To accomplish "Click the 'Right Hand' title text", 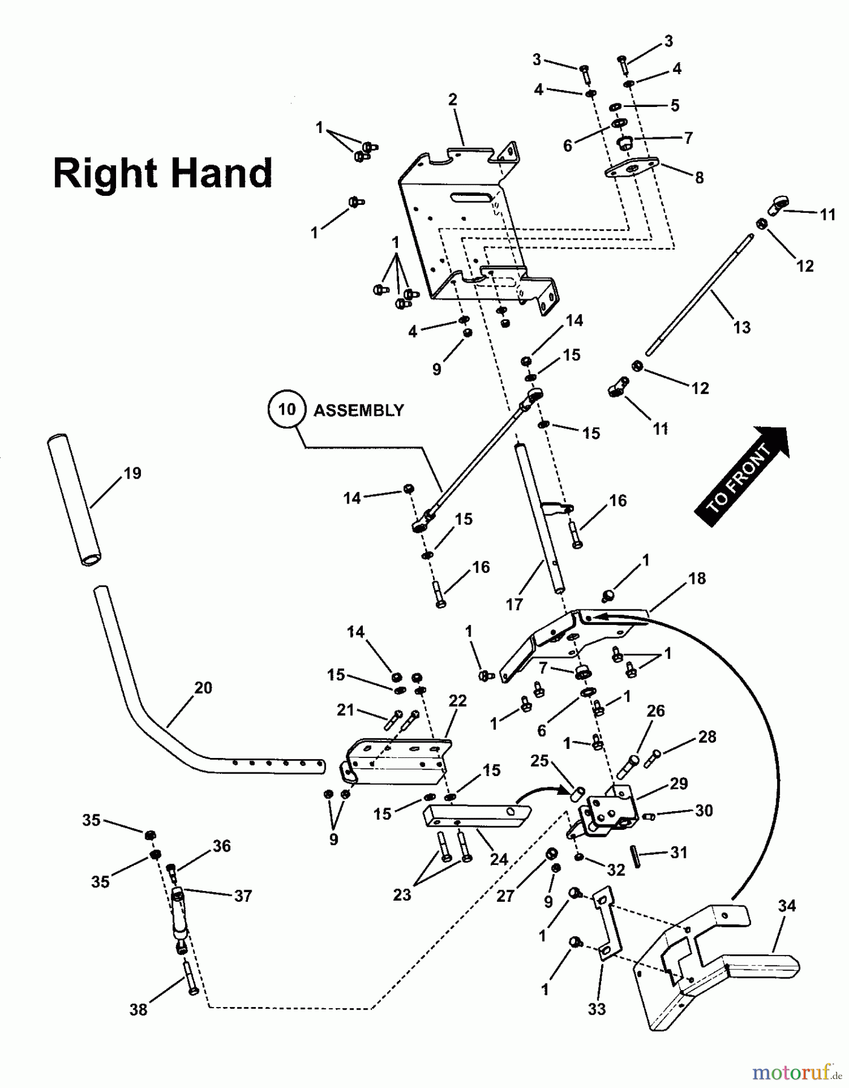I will point(163,173).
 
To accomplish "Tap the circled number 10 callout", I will point(286,410).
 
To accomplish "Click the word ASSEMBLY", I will point(358,410).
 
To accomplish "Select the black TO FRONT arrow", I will point(742,475).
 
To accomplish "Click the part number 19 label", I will point(132,473).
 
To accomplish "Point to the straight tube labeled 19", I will point(74,499).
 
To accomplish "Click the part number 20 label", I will point(203,687).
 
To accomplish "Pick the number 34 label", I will point(787,905).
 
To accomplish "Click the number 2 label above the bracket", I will point(453,100).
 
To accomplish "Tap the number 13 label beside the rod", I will point(741,327).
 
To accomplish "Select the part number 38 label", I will point(138,1009).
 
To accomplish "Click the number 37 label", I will point(242,896).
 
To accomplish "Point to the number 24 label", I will point(498,859).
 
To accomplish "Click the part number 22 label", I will point(458,701).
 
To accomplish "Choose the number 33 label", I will point(596,1009).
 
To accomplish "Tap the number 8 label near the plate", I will point(699,178).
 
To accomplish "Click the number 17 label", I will point(514,604).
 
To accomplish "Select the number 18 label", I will point(697,578).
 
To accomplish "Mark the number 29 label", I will point(679,783).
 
